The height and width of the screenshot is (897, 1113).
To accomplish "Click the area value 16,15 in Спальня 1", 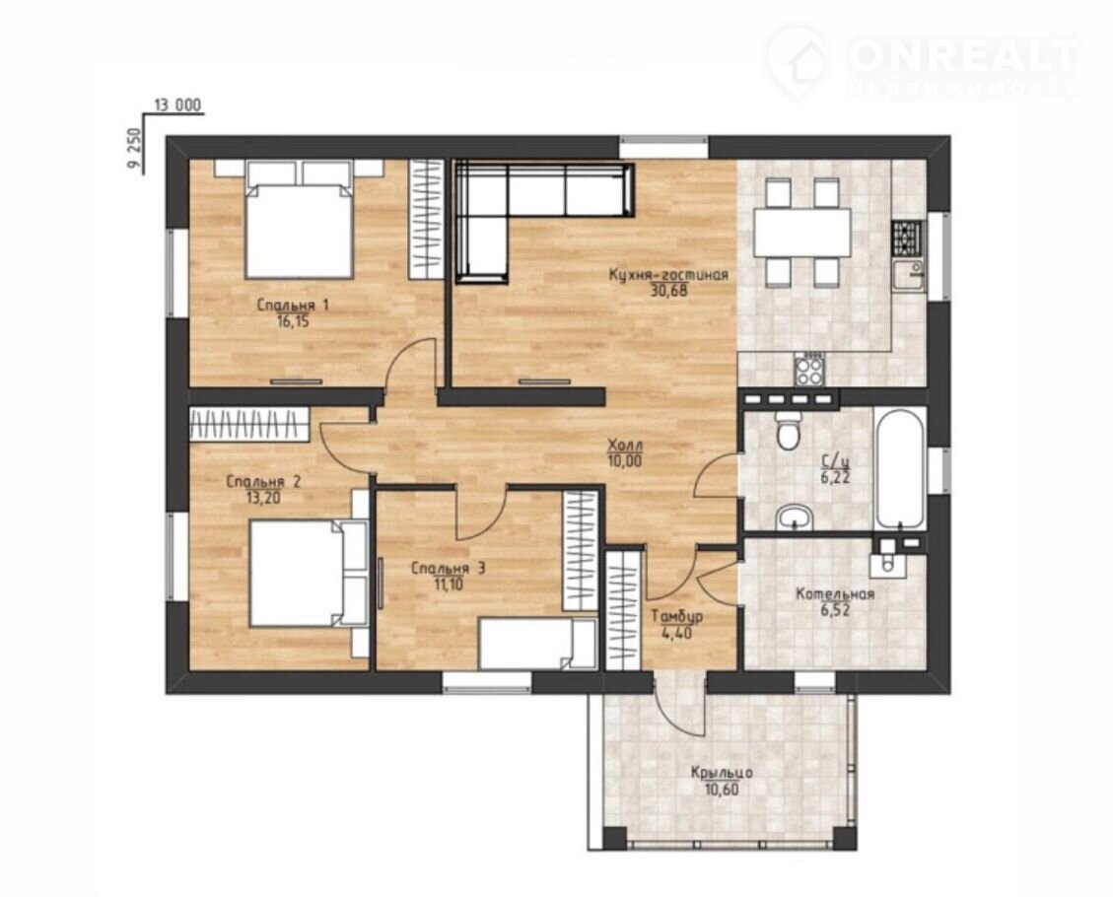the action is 293,321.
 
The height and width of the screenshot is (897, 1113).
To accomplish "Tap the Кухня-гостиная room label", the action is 668,275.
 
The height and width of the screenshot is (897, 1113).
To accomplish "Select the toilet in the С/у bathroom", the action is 788,430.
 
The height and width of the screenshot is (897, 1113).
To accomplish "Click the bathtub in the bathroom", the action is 900,468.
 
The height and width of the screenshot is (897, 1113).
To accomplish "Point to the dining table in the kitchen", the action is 802,232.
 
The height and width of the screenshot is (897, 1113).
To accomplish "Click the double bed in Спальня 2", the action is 309,574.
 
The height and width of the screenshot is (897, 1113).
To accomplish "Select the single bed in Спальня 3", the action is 538,644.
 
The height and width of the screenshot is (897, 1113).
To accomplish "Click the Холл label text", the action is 625,446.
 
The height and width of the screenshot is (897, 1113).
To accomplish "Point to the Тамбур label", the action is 677,617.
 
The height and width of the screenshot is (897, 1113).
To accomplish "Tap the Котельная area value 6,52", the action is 834,609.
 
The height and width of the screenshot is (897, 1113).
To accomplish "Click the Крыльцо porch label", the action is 722,773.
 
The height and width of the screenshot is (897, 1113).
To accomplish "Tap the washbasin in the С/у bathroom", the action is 794,517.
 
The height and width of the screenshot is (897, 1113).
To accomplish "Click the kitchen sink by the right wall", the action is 909,275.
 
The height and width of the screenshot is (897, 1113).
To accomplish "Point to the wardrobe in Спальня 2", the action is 249,424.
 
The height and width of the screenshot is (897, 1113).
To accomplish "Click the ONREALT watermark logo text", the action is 963,54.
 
